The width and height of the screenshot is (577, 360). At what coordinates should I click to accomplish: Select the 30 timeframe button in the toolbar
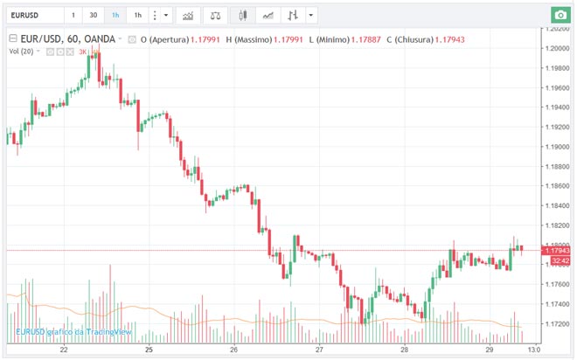[x=93, y=15]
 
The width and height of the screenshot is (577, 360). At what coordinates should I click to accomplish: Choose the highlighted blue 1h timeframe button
[x=115, y=15]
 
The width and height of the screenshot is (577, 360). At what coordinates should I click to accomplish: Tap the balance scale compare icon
[x=216, y=15]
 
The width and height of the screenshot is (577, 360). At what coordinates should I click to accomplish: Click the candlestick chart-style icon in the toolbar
[x=243, y=15]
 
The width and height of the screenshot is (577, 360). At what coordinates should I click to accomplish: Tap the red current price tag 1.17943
[x=556, y=251]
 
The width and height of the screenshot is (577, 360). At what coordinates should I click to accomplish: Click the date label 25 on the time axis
[x=149, y=350]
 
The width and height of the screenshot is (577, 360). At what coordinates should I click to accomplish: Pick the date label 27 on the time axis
[x=320, y=350]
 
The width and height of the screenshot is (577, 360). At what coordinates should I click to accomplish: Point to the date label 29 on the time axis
[x=490, y=350]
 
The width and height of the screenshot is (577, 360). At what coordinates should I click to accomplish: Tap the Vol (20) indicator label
[x=22, y=52]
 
